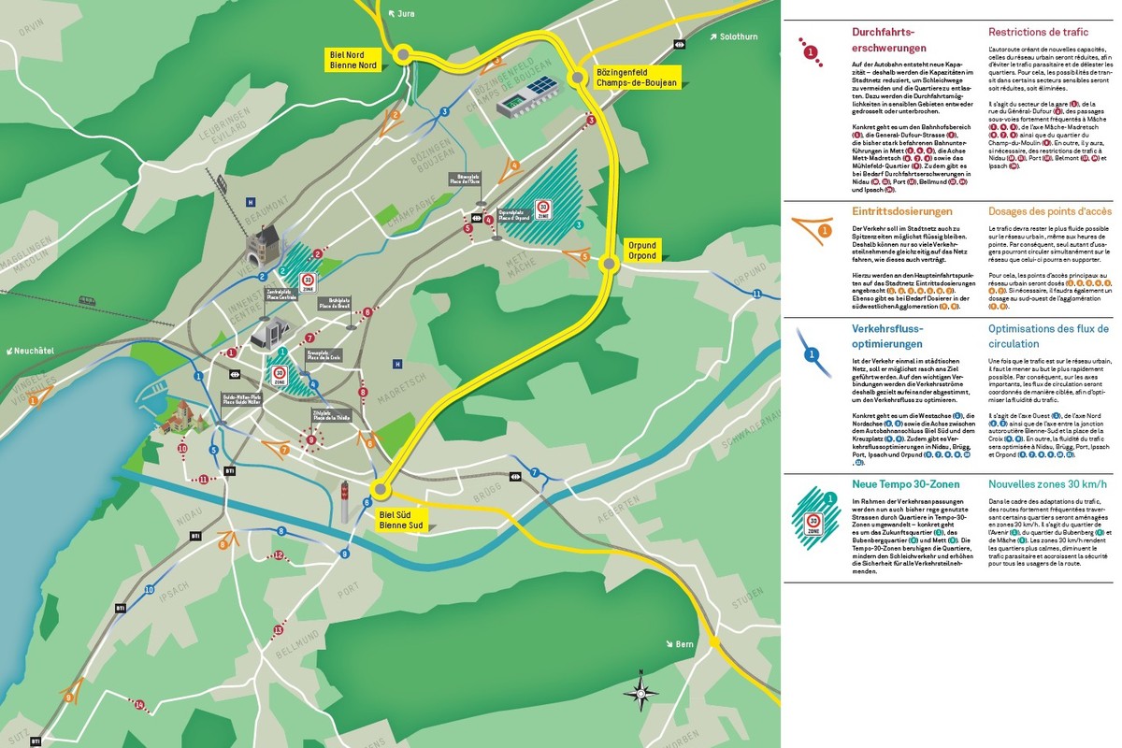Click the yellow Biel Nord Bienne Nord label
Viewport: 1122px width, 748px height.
(353, 60)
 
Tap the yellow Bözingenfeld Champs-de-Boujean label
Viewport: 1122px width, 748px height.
(636, 78)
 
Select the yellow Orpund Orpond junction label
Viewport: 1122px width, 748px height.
(641, 251)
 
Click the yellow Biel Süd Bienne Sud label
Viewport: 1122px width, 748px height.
(401, 519)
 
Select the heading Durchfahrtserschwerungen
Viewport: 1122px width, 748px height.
(889, 40)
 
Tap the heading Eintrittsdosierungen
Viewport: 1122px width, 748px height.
(889, 211)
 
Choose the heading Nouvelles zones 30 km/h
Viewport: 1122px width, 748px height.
(1047, 484)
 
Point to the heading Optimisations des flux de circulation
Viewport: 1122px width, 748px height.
(1048, 336)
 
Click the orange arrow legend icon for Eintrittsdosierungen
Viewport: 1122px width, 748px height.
(812, 227)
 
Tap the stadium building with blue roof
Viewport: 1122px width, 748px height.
(528, 97)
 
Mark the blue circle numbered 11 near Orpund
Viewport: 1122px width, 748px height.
(755, 295)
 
